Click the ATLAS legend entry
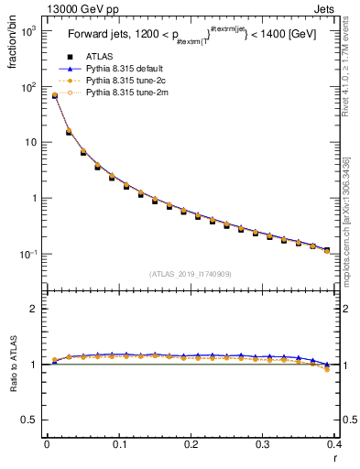pyautogui.click(x=99, y=56)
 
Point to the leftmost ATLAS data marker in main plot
pyautogui.click(x=54, y=96)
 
